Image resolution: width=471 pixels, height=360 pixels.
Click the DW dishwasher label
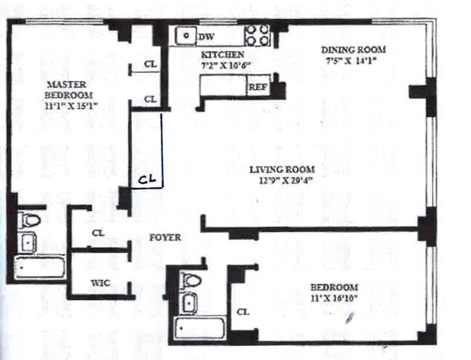pos(205,37)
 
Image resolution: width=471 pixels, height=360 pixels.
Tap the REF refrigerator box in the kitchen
pos(257,87)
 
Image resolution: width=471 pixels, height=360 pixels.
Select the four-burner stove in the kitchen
pos(257,35)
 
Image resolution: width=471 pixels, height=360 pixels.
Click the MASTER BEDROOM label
pos(70,89)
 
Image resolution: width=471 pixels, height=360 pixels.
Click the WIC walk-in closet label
pos(99,284)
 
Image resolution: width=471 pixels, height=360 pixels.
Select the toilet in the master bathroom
pos(29,221)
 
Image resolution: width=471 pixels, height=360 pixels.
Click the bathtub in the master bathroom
pos(40,268)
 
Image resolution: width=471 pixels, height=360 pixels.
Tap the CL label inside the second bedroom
pos(242,312)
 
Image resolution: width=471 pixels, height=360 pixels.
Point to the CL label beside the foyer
pos(98,233)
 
